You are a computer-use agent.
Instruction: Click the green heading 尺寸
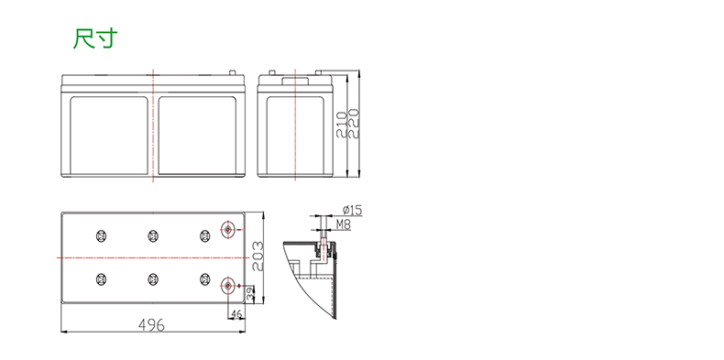[95, 38]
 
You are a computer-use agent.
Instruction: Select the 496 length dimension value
[151, 325]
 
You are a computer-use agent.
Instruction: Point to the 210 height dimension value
[342, 124]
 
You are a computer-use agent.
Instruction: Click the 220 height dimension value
[353, 124]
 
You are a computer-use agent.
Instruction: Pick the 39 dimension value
[250, 293]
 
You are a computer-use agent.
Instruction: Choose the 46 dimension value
[236, 314]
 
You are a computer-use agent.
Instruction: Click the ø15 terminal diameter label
[352, 211]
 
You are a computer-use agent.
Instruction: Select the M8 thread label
[343, 224]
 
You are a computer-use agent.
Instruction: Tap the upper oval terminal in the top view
[227, 229]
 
